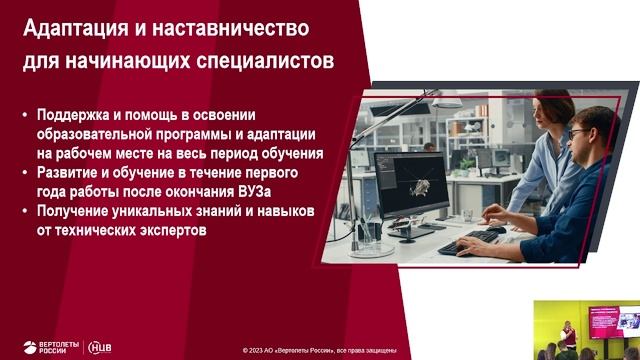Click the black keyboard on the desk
click(471, 243)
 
